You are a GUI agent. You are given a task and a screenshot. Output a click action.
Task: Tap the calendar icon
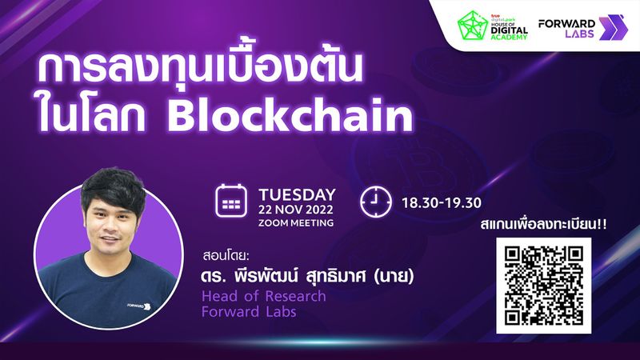pyautogui.click(x=232, y=203)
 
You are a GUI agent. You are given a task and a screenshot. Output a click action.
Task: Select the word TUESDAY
pyautogui.click(x=295, y=194)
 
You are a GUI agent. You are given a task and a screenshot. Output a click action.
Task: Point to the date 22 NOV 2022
pyautogui.click(x=295, y=209)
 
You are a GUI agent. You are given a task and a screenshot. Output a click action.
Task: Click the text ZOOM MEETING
pyautogui.click(x=295, y=222)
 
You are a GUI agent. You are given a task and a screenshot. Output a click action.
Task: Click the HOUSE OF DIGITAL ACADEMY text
pyautogui.click(x=508, y=29)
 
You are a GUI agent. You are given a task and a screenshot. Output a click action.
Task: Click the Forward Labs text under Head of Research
pyautogui.click(x=249, y=311)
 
